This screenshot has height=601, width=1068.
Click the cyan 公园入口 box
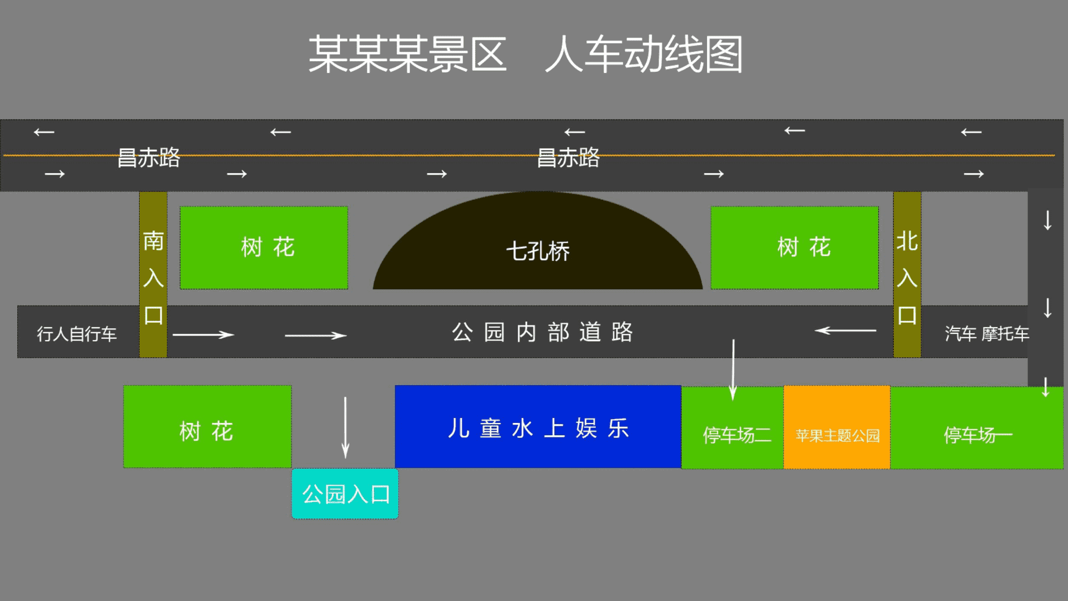(345, 494)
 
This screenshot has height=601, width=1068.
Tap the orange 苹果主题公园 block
(837, 427)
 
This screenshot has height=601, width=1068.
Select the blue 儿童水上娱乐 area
(538, 426)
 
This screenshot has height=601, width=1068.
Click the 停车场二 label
(737, 435)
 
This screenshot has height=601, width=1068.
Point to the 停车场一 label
(978, 435)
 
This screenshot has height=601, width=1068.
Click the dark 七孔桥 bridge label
(538, 251)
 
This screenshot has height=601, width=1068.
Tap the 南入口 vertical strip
(153, 274)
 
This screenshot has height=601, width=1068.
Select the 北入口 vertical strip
(907, 274)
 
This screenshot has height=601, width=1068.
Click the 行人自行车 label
(77, 334)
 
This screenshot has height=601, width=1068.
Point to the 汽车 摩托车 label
(987, 333)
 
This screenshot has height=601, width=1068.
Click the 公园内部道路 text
(542, 332)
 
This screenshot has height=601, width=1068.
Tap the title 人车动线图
(644, 54)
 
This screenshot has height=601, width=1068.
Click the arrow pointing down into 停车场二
(733, 370)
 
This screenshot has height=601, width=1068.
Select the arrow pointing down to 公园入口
(345, 427)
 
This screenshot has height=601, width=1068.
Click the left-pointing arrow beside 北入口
(845, 331)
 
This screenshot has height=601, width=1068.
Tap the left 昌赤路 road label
(149, 157)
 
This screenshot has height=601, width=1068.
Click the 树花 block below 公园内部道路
(207, 426)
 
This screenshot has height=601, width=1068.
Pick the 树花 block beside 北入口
(794, 248)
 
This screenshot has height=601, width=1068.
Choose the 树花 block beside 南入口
(264, 248)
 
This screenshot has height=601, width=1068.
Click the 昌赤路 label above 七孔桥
(568, 157)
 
